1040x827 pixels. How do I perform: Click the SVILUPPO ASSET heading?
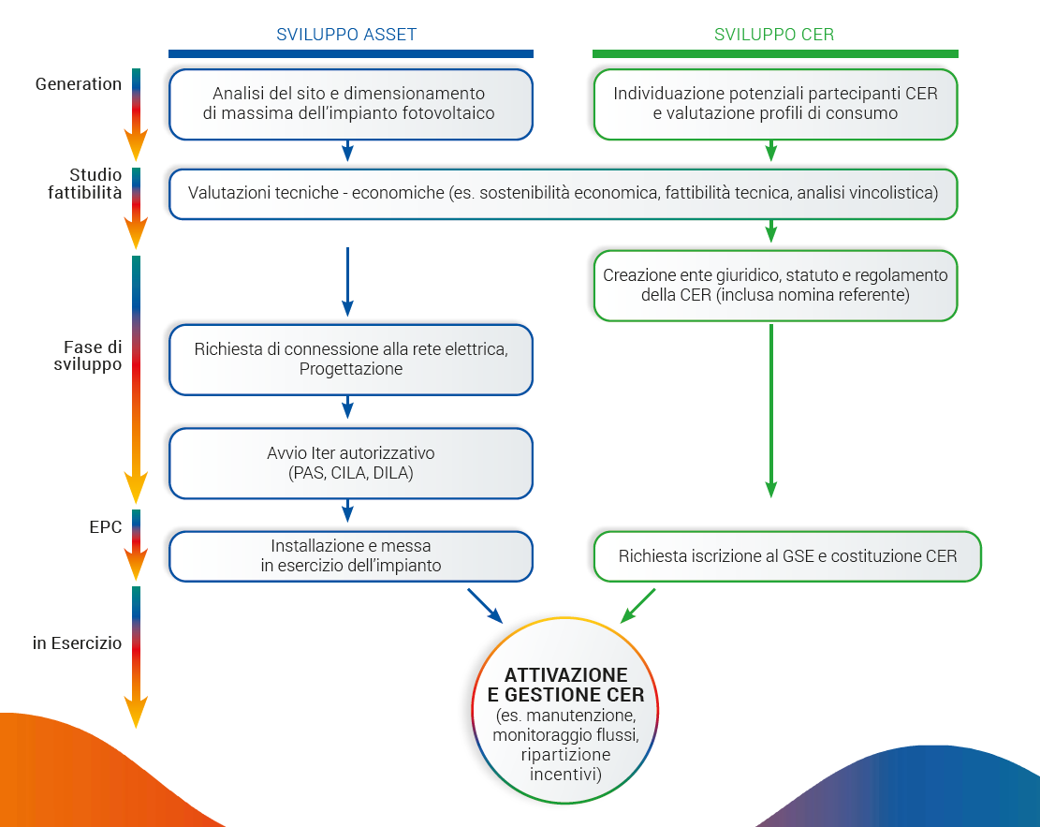(346, 35)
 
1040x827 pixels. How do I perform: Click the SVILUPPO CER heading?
(773, 35)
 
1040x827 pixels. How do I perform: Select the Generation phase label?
(79, 84)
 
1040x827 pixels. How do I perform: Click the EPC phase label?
(105, 527)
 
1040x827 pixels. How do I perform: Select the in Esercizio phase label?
(77, 643)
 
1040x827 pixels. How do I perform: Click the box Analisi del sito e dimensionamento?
(350, 104)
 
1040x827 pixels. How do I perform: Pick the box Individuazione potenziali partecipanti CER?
(775, 104)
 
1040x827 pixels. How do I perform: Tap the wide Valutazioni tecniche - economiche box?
(563, 194)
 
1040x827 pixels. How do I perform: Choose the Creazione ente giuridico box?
(775, 285)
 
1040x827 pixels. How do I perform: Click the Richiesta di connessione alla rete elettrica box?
(350, 359)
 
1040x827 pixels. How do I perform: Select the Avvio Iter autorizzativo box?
(350, 463)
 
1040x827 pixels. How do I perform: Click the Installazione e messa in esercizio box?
(350, 555)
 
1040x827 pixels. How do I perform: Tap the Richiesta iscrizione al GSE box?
(787, 556)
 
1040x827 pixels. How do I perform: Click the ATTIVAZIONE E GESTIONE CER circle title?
(565, 685)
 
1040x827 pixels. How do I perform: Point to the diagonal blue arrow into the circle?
(485, 605)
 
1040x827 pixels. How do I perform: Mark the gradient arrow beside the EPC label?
(137, 543)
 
